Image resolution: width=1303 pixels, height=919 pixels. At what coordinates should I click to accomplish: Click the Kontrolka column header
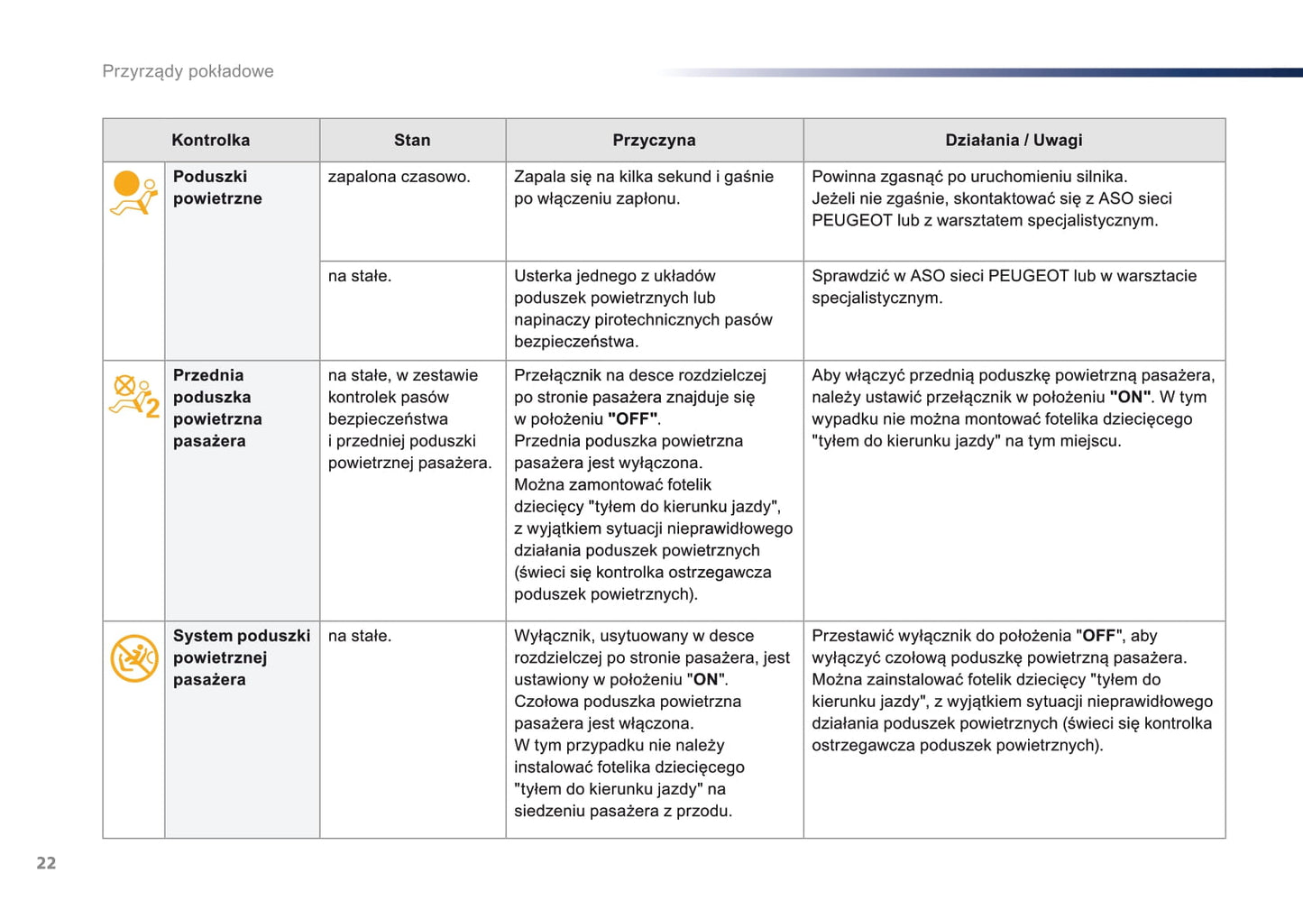click(x=210, y=140)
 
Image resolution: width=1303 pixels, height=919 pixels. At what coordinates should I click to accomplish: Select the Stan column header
click(x=412, y=140)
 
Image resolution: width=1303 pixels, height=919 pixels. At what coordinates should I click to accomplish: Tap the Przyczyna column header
click(x=654, y=140)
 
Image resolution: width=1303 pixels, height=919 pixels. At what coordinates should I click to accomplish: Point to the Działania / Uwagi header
click(x=1014, y=140)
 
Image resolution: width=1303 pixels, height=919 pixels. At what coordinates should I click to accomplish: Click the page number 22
click(x=46, y=863)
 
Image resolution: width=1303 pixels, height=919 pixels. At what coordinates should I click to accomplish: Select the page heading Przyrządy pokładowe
click(x=188, y=71)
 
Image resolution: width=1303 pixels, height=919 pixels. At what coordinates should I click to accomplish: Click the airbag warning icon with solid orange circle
click(x=133, y=193)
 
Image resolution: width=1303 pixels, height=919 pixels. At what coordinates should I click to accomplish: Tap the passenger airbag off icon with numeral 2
click(x=133, y=397)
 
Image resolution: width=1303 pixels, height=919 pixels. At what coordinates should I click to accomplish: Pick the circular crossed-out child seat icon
click(x=133, y=658)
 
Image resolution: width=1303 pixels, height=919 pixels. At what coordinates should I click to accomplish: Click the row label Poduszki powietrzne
click(x=216, y=188)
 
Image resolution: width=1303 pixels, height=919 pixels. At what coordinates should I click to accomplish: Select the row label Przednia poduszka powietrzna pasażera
click(x=217, y=408)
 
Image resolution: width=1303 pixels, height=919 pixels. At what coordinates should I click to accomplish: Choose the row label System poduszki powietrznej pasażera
click(x=241, y=657)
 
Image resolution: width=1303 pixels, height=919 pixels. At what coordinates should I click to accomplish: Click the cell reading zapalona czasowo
click(x=399, y=177)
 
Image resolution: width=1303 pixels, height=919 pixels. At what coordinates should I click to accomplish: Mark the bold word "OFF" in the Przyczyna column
click(x=634, y=419)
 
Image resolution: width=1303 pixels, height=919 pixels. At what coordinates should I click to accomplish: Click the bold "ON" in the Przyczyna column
click(x=706, y=680)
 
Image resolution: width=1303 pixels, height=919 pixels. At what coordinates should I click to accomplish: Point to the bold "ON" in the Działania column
click(x=1130, y=398)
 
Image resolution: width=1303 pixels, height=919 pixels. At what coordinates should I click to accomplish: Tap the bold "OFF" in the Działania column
click(x=1098, y=636)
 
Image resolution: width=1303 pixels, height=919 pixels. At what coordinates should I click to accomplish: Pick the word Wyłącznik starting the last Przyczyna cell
click(x=552, y=636)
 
